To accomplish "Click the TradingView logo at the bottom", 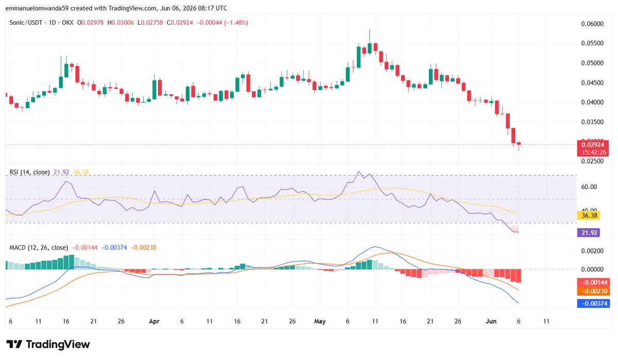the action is tap(48, 344).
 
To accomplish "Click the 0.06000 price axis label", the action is tap(592, 24).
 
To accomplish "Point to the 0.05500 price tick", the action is tap(592, 43).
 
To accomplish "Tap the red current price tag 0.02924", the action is tap(593, 148).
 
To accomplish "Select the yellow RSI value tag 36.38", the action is tap(589, 215).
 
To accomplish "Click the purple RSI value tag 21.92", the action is tap(589, 233).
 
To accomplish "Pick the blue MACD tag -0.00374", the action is tap(593, 304).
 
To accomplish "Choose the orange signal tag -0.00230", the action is tap(593, 292).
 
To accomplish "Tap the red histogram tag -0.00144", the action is tap(593, 282).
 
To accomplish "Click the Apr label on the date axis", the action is tap(154, 321).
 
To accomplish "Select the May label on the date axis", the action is tap(320, 321).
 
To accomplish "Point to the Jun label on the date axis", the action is tap(491, 321).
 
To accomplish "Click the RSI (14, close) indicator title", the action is tap(29, 172).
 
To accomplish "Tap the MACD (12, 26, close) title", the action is tap(39, 247).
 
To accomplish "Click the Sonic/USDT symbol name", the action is tap(26, 23).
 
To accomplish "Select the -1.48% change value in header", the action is tap(236, 23).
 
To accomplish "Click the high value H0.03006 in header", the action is tap(121, 23).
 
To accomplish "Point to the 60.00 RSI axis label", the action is tap(589, 187).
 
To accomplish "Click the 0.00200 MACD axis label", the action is tap(592, 251).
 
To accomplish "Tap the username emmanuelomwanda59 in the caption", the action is tap(37, 8).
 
